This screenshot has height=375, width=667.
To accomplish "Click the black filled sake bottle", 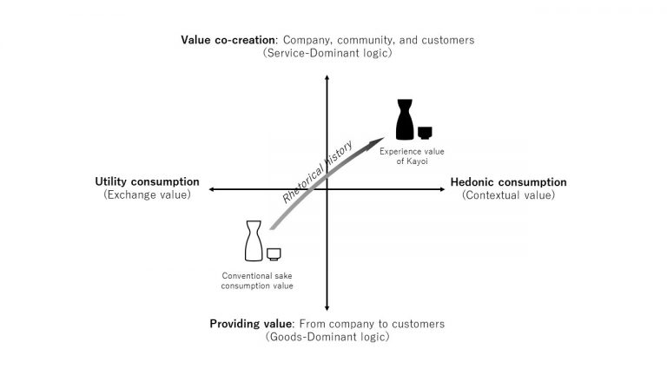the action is point(405,120).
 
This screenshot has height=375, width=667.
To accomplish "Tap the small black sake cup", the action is point(425,133).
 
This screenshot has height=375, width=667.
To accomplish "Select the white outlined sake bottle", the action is point(254,240).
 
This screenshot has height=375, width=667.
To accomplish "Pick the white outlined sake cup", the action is point(274,253).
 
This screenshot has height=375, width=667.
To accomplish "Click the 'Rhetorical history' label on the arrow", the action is point(317,172).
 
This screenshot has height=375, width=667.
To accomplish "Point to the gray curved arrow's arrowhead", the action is point(377,142).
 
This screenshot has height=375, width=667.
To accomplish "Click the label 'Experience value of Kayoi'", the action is point(412,156).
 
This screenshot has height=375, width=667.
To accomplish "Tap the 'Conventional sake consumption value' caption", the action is point(257,280).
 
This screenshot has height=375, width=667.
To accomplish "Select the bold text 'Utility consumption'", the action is point(147,181).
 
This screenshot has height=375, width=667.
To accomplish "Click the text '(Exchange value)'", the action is point(147,194).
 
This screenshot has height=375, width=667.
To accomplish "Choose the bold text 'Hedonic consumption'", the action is point(508,182).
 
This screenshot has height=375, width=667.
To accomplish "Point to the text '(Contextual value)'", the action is point(508,195).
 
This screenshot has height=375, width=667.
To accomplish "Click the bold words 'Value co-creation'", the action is point(228,40).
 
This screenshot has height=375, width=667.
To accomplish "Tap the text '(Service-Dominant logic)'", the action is point(327,53).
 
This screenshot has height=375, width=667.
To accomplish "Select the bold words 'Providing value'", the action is point(250,324).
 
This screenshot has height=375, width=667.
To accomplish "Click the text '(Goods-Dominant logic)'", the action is point(327,337).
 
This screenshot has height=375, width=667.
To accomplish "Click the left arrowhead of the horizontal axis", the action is point(209,189).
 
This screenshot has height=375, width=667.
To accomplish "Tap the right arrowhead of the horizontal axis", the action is point(444,189).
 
